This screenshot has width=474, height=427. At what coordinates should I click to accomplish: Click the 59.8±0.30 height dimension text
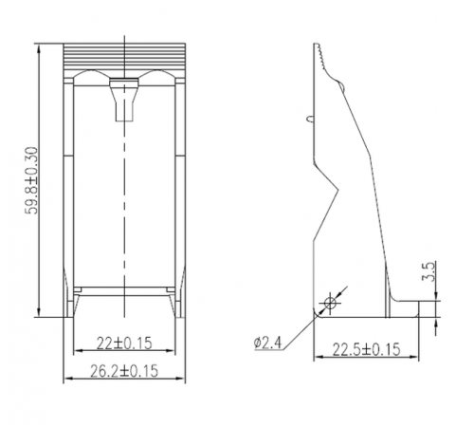coord(31,180)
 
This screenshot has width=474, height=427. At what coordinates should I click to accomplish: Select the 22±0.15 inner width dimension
coord(124,343)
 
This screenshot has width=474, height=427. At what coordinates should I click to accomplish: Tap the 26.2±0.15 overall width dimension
coord(124,371)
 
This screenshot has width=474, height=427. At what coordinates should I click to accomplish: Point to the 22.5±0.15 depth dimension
coord(366,349)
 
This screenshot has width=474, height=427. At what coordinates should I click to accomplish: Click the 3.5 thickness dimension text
coord(429,271)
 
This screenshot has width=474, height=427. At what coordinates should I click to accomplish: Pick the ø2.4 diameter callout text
coord(267,343)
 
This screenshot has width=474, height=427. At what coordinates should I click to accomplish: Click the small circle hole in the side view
coord(330,304)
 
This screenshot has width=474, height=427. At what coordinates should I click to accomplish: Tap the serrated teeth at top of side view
coord(320,57)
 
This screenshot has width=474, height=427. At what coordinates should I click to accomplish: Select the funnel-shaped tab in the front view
coord(124,100)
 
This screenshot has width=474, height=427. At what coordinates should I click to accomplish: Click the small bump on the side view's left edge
coord(310,119)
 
